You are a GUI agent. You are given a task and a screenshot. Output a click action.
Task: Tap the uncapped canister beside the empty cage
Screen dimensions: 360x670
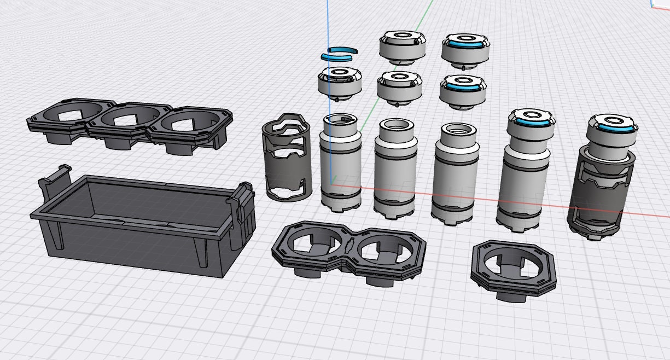click(x=340, y=164)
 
